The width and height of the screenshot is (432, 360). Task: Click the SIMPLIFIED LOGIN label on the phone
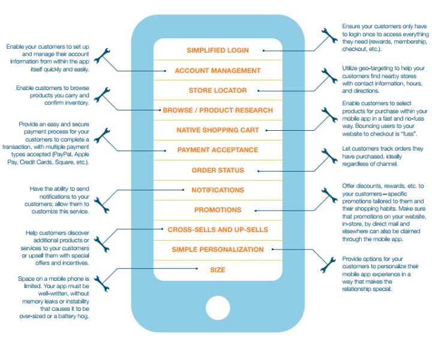pos(218,50)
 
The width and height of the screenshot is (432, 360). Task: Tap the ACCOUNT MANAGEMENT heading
pos(218,71)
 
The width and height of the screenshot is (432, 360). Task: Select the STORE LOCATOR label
pos(218,91)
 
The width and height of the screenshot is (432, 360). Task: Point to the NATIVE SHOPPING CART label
pos(218,130)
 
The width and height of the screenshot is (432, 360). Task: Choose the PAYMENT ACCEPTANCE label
pos(218,150)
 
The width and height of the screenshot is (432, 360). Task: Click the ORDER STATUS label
pos(218,170)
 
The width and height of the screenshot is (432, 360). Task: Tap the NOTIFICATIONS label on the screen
pos(218,190)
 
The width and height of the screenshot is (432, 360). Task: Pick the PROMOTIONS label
pos(218,210)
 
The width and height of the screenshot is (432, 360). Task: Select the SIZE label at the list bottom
pos(218,269)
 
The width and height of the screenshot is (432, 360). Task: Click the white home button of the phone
pos(218,308)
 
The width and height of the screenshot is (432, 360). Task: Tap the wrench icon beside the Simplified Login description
pos(329,35)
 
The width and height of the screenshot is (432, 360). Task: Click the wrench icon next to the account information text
pos(102,56)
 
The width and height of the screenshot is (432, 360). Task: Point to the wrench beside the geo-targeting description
pos(329,76)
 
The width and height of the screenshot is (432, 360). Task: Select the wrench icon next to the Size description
pos(101,284)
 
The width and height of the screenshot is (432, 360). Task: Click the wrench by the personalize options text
pos(328,265)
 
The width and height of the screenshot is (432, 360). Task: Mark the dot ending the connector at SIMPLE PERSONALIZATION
pos(272,250)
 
